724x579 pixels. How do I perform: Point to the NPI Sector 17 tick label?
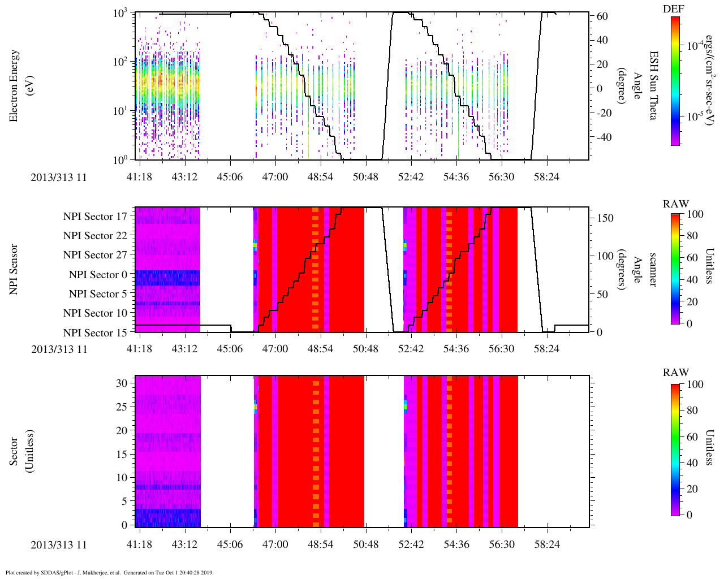[x=95, y=216]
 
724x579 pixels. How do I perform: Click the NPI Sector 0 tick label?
[x=98, y=274]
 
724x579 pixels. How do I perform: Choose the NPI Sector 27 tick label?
[x=95, y=255]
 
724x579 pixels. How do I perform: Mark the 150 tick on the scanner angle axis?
[x=605, y=218]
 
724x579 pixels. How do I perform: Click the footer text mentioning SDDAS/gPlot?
[x=109, y=572]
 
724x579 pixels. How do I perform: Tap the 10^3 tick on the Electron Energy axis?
[x=120, y=12]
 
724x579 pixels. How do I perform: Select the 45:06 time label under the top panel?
[x=230, y=177]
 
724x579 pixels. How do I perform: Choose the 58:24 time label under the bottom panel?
[x=546, y=545]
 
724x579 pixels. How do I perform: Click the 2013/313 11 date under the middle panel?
[x=59, y=349]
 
